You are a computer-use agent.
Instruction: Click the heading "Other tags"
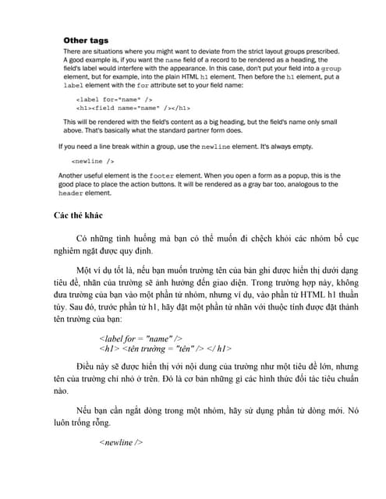pos(86,40)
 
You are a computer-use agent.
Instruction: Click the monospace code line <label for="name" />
pos(109,101)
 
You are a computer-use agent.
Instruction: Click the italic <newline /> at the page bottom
pos(121,442)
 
